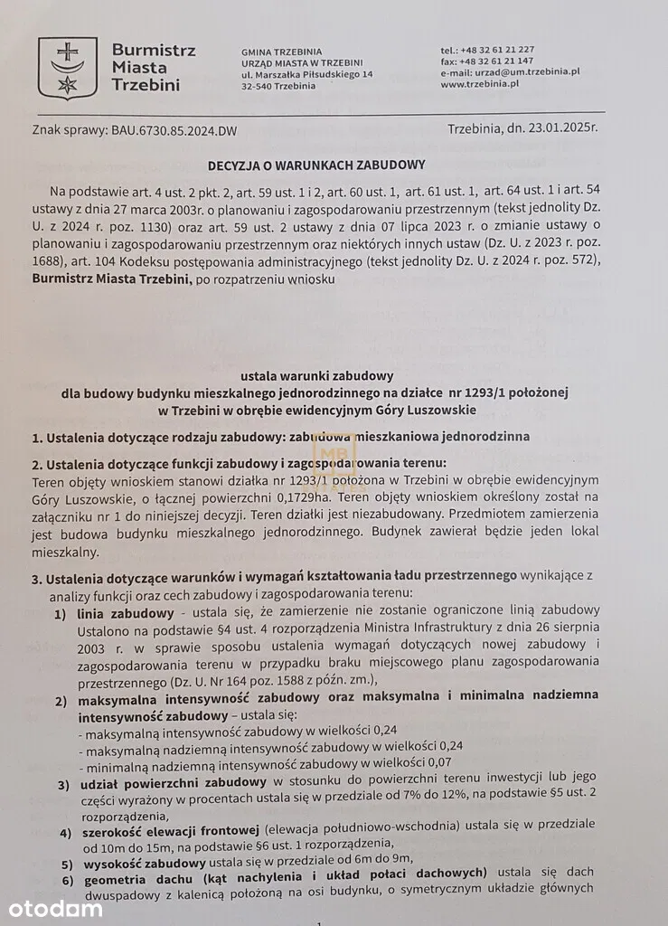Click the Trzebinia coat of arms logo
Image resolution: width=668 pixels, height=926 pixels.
click(x=67, y=68)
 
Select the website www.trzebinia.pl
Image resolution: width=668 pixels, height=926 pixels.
click(x=479, y=84)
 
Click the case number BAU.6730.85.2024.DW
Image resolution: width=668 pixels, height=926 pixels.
click(x=162, y=131)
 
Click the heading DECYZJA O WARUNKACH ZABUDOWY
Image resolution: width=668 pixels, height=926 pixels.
click(x=315, y=165)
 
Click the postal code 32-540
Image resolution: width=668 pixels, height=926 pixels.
click(x=259, y=86)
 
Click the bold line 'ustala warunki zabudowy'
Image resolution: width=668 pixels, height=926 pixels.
click(x=316, y=375)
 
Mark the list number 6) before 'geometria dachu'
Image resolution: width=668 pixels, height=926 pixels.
click(x=66, y=881)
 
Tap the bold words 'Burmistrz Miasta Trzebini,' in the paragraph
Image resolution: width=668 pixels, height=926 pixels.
click(x=112, y=280)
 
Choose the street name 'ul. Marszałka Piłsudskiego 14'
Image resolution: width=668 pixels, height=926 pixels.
click(x=307, y=73)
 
